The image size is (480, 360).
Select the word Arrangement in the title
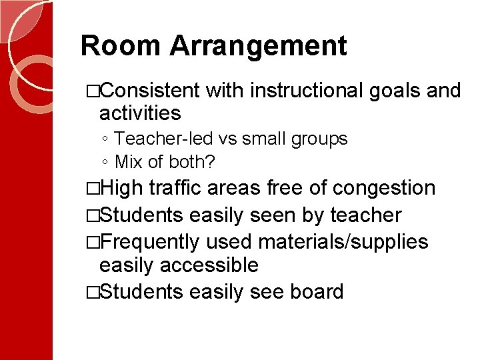(258, 46)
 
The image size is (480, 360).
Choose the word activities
(140, 113)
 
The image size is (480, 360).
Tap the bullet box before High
(93, 189)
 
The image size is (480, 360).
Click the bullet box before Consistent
(93, 91)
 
